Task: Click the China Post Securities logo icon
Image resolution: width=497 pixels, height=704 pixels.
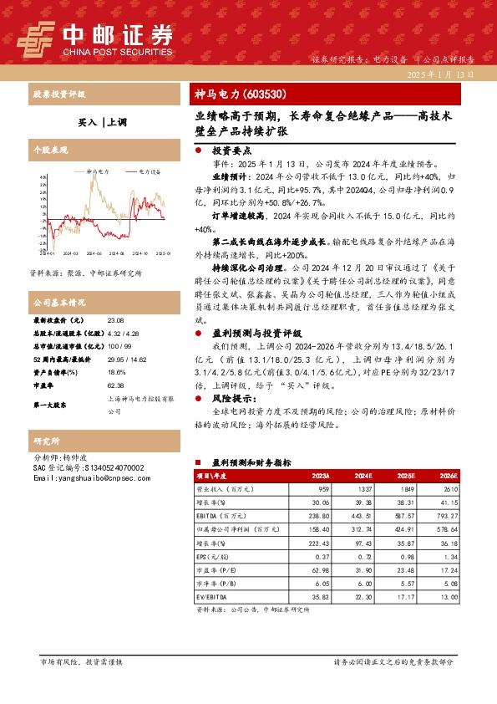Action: click(37, 37)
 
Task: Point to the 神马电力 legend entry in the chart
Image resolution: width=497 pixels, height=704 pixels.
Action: click(98, 171)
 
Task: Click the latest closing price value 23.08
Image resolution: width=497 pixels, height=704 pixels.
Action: click(117, 321)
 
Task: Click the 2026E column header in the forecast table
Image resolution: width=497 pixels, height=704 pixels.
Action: click(451, 474)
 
